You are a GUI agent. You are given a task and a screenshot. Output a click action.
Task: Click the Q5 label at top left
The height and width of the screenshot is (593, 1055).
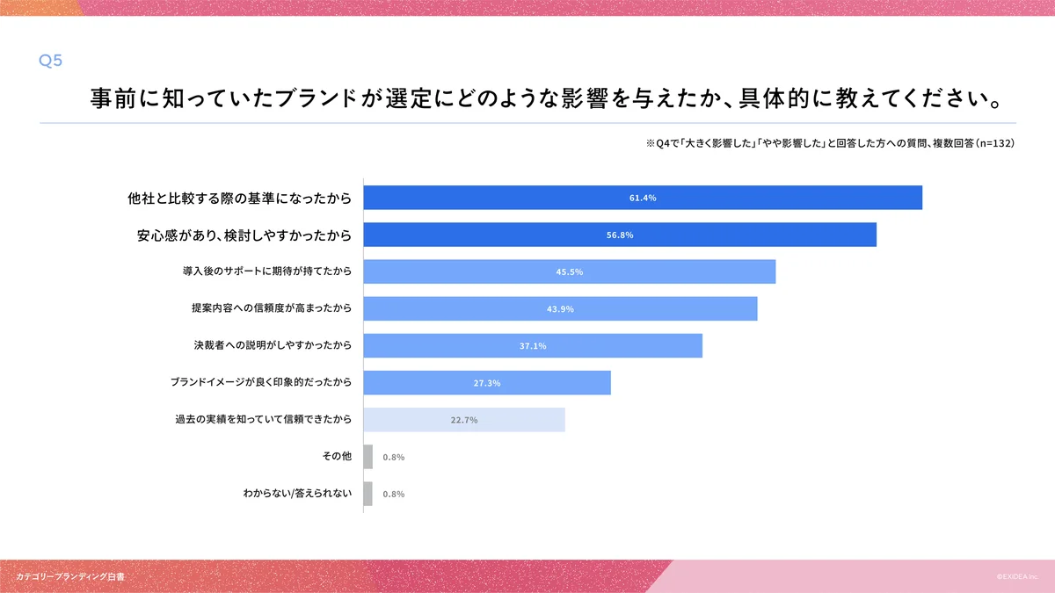coord(50,61)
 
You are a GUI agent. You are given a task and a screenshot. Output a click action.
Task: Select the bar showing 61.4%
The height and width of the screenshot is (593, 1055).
coord(643,198)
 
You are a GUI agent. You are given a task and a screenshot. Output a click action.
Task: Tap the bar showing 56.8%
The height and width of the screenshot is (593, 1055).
coord(620,235)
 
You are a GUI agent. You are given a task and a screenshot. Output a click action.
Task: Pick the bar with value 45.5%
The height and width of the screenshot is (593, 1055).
coord(569,271)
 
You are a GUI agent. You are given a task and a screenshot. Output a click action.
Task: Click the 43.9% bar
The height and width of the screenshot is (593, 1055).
coord(560,308)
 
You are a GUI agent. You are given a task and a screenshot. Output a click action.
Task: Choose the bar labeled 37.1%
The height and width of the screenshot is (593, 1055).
coord(533,345)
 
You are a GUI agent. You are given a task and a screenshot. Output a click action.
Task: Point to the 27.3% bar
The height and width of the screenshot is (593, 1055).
coord(487,383)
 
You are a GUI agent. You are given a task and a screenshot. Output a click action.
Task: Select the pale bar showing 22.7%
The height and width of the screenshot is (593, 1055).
coord(464,420)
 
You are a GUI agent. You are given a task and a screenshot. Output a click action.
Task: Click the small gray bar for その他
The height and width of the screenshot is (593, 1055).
coord(368,457)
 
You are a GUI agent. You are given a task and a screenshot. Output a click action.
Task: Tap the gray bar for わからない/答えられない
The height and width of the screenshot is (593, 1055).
coord(368,494)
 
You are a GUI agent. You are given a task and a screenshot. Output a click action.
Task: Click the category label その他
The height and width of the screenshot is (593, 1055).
coord(338,457)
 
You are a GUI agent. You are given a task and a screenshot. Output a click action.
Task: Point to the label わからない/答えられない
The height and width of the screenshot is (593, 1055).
coord(297,494)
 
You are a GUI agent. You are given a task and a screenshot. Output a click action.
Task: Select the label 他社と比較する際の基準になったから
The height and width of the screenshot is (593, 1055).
coord(240,199)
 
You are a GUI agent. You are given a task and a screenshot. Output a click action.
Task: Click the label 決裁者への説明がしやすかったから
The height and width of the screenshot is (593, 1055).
coord(273,346)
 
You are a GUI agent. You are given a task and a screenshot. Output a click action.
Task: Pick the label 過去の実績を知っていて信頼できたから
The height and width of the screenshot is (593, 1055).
coord(264,420)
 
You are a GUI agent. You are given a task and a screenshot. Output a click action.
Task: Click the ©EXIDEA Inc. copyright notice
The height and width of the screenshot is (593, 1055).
coord(1017,577)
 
